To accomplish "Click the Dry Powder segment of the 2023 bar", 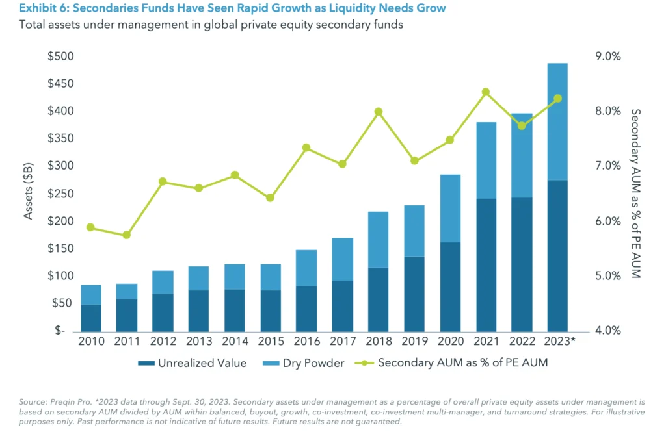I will pyautogui.click(x=557, y=121).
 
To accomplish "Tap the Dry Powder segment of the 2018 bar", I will pyautogui.click(x=379, y=239).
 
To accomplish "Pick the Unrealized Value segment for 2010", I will pyautogui.click(x=91, y=318).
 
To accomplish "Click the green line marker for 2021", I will pyautogui.click(x=486, y=92).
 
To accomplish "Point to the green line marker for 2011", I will pyautogui.click(x=127, y=235).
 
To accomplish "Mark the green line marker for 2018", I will pyautogui.click(x=379, y=112).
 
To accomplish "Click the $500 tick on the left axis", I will pyautogui.click(x=60, y=57).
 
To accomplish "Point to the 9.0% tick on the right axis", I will pyautogui.click(x=608, y=57).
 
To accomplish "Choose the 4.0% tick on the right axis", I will pyautogui.click(x=608, y=331).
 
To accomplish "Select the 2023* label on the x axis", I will pyautogui.click(x=559, y=342).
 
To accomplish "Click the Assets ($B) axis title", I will pyautogui.click(x=29, y=193).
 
